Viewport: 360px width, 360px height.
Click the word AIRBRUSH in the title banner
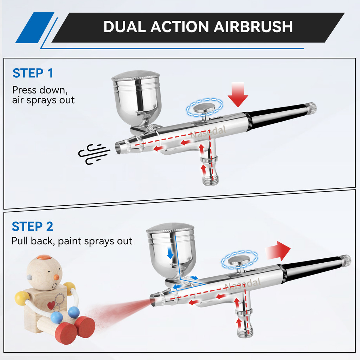pos(253,27)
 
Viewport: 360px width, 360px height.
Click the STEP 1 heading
pos(33,73)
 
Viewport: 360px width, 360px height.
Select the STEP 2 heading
pos(32,226)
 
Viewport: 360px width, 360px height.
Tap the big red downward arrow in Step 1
pos(238,94)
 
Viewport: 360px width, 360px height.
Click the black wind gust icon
pos(94,154)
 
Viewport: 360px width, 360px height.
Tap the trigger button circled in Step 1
pos(204,108)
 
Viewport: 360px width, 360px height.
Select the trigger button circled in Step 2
pos(239,261)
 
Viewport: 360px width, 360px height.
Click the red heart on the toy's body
pos(51,306)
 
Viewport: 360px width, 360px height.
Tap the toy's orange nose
pos(56,278)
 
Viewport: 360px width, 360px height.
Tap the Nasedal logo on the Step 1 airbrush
pos(208,133)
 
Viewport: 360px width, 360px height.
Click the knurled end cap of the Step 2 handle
pos(346,261)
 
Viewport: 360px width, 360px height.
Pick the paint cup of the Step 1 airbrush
pos(137,99)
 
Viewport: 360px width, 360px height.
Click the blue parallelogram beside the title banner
pos(35,27)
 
